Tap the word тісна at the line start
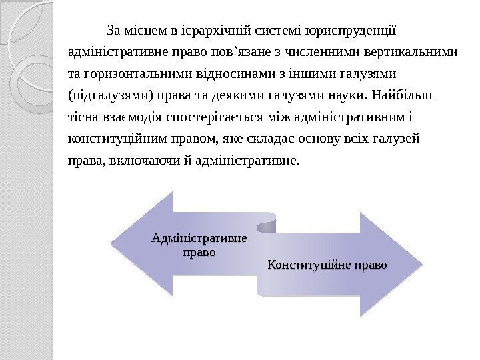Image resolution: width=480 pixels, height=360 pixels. tap(82, 117)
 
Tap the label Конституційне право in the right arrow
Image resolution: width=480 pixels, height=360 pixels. tap(327, 265)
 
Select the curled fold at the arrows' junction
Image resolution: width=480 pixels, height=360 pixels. tap(267, 223)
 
